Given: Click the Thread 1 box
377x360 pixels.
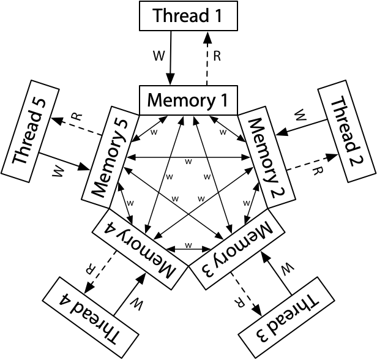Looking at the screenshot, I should click(188, 16).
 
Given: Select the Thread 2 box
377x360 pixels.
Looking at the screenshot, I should click(346, 131).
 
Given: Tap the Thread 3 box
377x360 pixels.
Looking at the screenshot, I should click(286, 317).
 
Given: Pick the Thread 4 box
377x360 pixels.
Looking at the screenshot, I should click(91, 317).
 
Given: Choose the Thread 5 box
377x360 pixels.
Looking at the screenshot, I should click(30, 131).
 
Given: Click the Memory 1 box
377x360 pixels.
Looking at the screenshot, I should click(188, 100).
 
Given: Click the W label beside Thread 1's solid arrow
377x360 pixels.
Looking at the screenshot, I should click(159, 56).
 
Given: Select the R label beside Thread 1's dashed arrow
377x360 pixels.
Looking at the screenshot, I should click(216, 56).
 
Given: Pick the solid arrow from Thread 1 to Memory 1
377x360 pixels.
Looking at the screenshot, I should click(170, 58).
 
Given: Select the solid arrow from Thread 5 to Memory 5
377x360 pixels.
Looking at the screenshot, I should click(64, 162).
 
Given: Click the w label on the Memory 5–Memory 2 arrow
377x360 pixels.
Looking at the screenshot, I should click(188, 162).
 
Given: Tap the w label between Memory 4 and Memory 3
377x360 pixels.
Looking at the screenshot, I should click(188, 245).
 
